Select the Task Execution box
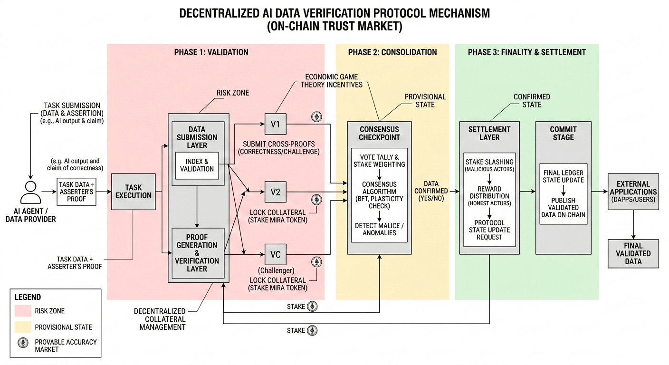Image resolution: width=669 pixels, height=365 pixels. pos(134,192)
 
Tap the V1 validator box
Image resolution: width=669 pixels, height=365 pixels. pos(275,125)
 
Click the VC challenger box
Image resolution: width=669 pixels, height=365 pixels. pos(275,255)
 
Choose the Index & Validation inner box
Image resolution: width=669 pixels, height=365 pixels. pos(197,165)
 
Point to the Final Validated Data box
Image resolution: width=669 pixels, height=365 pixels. pos(633,254)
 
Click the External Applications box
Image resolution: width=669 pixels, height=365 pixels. pos(633,192)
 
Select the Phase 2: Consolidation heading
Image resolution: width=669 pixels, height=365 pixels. pos(392,52)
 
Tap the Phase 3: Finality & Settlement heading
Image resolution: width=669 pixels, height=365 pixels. pos(526,52)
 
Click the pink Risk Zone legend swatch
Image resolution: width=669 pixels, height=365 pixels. pos(22,311)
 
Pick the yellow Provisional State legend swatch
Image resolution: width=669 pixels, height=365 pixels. pos(22,327)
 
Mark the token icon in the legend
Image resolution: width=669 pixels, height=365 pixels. pos(22,345)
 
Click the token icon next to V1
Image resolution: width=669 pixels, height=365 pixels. pos(315,117)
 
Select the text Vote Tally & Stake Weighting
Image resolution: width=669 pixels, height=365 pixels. pos(379,161)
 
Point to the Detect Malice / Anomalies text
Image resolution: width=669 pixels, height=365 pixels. pos(379,229)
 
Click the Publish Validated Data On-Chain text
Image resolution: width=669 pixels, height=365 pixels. pos(563,208)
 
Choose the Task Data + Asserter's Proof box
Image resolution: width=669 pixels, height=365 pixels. pos(76,192)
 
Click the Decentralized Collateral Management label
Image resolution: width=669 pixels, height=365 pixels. pos(160,319)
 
